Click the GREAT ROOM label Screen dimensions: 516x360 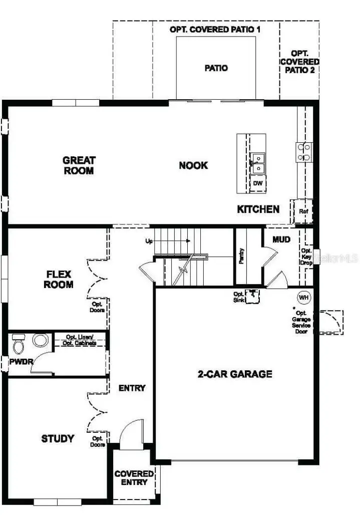point(79,165)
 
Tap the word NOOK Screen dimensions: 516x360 point(193,165)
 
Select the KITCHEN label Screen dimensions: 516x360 point(258,209)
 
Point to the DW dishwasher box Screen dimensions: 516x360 point(258,183)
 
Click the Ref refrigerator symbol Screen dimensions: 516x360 point(303,211)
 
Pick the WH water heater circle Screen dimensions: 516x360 point(303,297)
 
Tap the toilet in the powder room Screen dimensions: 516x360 point(19,344)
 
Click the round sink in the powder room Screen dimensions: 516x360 point(40,340)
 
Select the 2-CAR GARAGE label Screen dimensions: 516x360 point(235,374)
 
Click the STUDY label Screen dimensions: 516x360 point(58,439)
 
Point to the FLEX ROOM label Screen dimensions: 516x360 point(59,280)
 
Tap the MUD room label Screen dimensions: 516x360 point(281,239)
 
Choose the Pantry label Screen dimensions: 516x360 point(241,256)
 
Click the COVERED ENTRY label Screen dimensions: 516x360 point(134,477)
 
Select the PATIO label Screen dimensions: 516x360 point(216,68)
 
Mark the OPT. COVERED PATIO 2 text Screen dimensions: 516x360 point(299,62)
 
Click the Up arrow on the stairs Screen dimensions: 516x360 point(170,241)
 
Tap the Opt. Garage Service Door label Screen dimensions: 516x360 point(301,322)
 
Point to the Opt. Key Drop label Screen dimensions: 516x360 point(306,257)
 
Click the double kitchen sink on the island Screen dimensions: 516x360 point(258,163)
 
